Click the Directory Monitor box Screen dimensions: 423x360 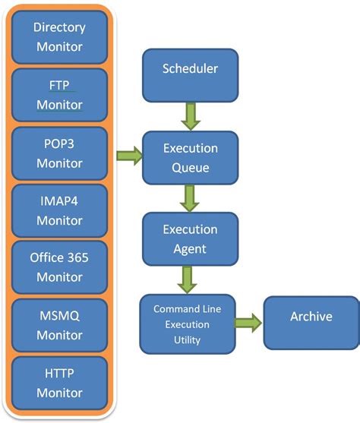point(59,37)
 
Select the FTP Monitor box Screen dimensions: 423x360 point(59,95)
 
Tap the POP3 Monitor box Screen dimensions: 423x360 point(59,153)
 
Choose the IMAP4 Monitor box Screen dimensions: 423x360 point(59,210)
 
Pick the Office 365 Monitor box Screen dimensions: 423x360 point(59,267)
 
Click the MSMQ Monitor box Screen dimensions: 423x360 point(59,325)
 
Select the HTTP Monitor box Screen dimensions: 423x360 point(59,383)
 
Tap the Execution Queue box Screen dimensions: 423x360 point(190,158)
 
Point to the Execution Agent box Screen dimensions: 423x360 point(190,238)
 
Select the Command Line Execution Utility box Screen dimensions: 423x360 point(187,324)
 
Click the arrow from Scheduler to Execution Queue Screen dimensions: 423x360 point(190,116)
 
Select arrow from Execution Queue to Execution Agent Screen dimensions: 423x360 point(190,198)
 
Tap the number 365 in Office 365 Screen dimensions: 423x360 point(77,258)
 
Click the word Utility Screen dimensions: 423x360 point(187,340)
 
